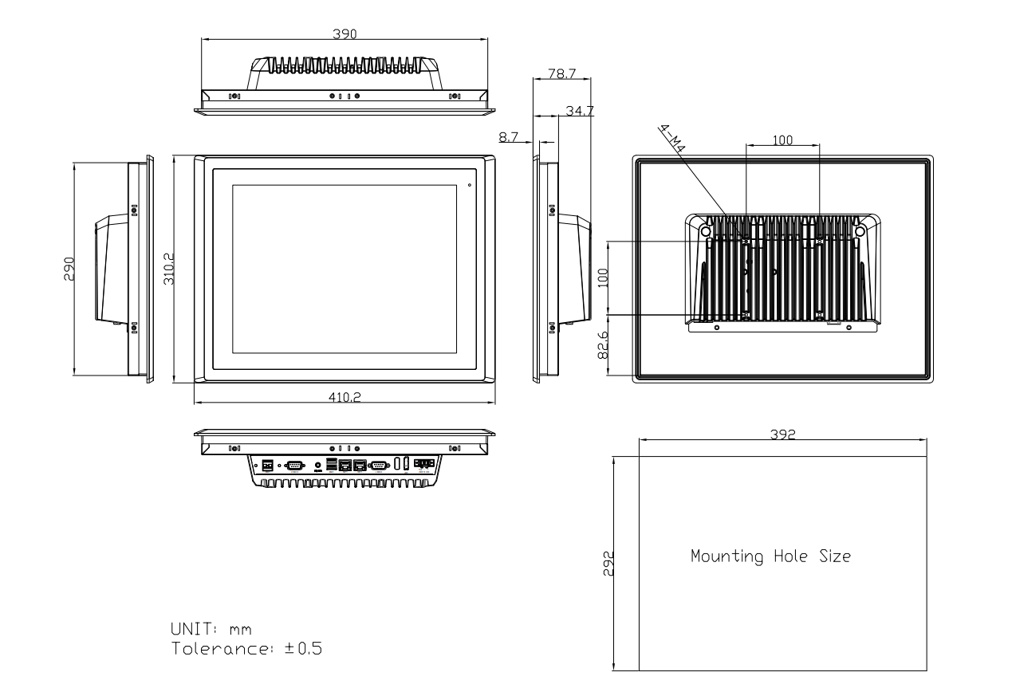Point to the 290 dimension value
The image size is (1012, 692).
(69, 269)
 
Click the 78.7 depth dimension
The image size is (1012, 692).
(561, 73)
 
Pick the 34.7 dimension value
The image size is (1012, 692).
(578, 111)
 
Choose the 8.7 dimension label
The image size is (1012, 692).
(508, 137)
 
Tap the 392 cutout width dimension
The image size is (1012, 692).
(782, 433)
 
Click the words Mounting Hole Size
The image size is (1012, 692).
(770, 556)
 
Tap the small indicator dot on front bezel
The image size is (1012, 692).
(469, 187)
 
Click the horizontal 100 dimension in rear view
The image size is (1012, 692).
(782, 140)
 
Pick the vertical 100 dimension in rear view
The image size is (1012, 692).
(603, 277)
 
